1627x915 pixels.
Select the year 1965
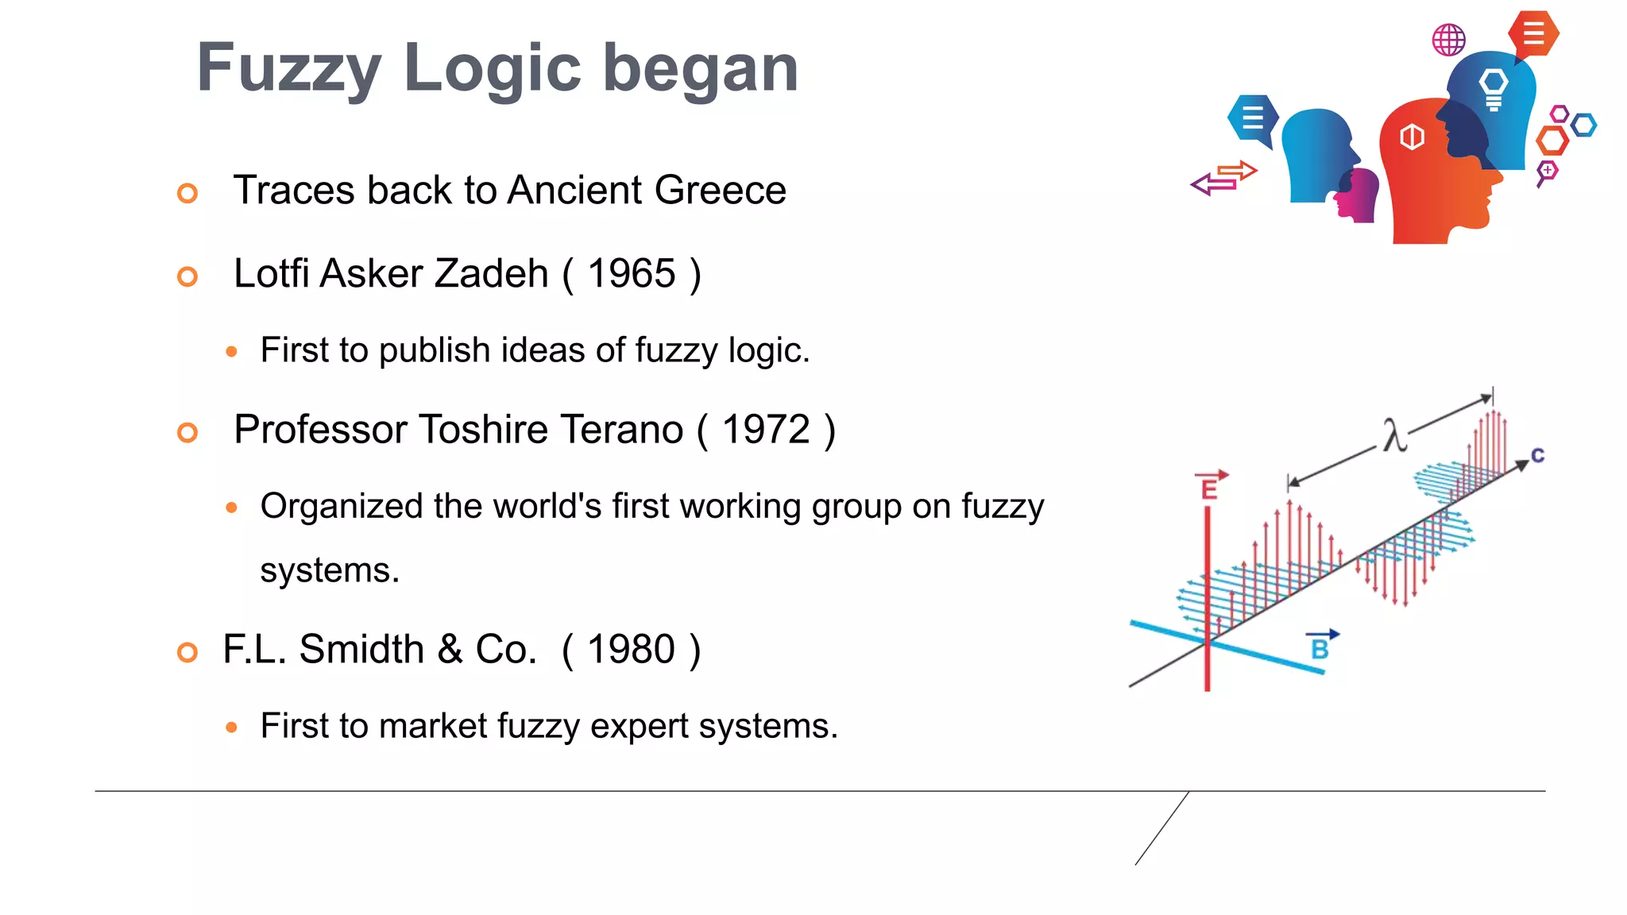pos(632,274)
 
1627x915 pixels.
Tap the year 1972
pos(766,430)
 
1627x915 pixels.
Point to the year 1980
pos(632,650)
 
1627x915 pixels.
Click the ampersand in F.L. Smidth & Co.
pos(450,650)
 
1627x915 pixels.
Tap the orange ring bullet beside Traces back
pos(187,193)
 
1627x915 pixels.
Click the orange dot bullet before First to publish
pos(231,351)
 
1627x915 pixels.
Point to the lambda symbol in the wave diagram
pos(1393,435)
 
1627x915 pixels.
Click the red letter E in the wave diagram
pos(1210,488)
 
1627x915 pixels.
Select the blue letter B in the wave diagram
pos(1320,648)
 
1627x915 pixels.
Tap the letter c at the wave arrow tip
pos(1538,456)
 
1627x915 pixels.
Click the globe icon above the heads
pos(1448,40)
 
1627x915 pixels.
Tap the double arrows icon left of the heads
pos(1223,178)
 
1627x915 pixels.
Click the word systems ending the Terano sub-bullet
pos(330,570)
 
